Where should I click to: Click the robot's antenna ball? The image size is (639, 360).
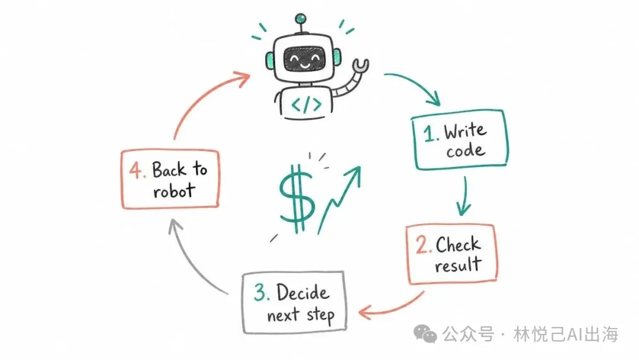(x=301, y=18)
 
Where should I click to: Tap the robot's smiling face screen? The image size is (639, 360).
(x=304, y=59)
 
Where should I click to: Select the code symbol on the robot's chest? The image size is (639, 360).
(x=306, y=105)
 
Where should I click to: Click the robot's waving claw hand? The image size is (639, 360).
(x=361, y=66)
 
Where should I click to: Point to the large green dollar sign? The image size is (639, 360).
(x=297, y=198)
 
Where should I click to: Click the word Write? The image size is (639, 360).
(x=465, y=131)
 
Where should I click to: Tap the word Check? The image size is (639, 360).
(x=458, y=245)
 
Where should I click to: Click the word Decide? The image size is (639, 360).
(x=302, y=292)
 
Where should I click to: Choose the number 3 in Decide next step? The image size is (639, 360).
(x=260, y=292)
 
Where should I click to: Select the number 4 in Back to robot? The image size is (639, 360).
(x=136, y=170)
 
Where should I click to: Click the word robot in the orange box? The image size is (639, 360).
(x=174, y=191)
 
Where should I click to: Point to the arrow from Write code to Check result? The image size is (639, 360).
(x=464, y=196)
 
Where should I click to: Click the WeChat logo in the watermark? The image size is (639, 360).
(x=425, y=334)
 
